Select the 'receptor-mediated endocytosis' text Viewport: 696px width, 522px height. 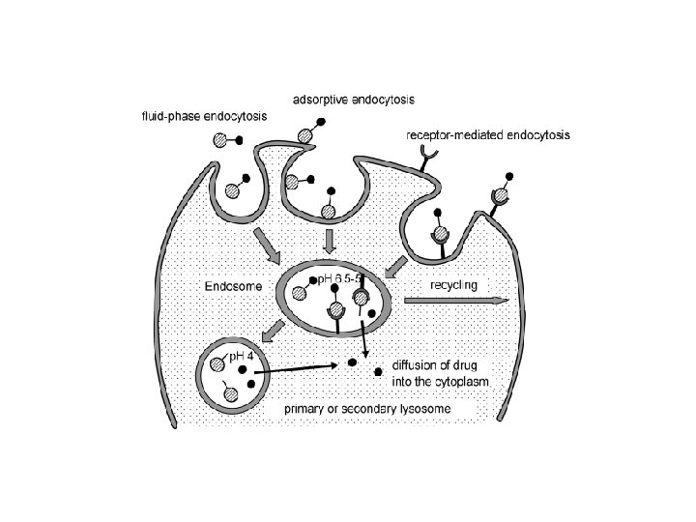point(487,136)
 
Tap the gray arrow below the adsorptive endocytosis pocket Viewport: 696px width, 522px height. point(330,237)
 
